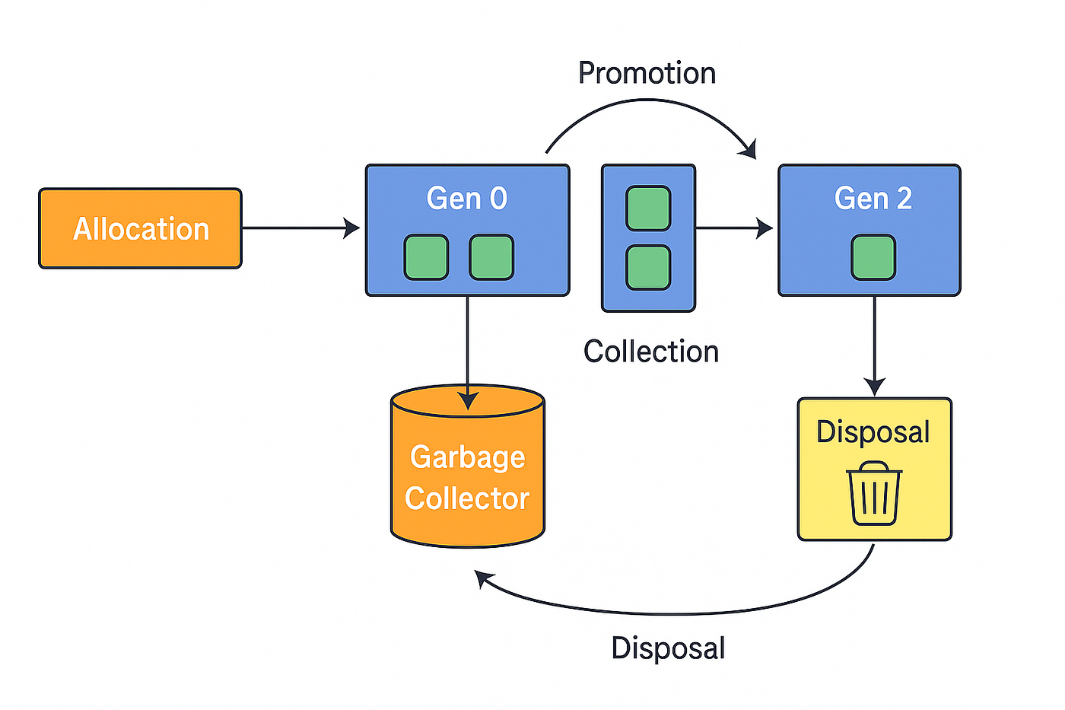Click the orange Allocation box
click(x=140, y=228)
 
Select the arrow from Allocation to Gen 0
click(x=300, y=228)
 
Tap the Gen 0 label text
click(x=466, y=199)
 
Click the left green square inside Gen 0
click(x=426, y=257)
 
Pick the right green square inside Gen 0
click(x=491, y=257)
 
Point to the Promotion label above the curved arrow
click(x=647, y=73)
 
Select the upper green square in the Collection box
click(x=648, y=208)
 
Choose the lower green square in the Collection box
click(x=648, y=267)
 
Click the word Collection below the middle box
click(x=650, y=352)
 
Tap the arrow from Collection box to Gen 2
click(x=734, y=228)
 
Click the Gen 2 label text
click(x=873, y=199)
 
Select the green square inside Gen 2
click(x=873, y=257)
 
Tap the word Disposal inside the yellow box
click(x=873, y=432)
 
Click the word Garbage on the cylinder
click(x=467, y=457)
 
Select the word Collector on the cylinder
click(x=467, y=498)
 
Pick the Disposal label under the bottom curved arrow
click(x=668, y=648)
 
